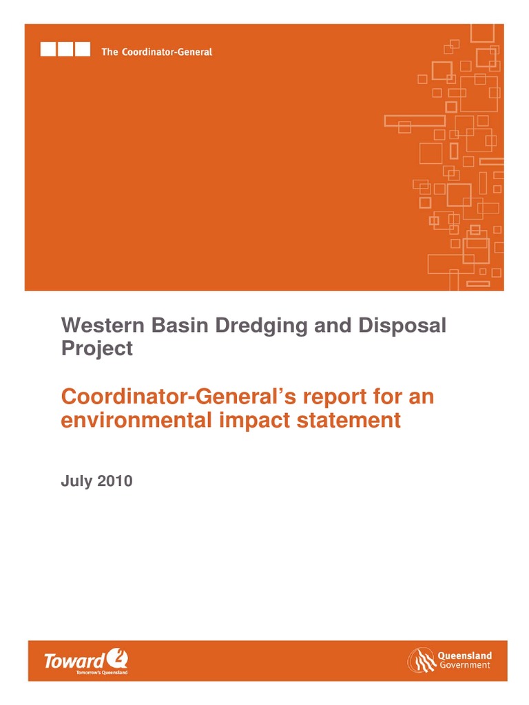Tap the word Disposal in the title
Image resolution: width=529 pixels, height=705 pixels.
coord(405,326)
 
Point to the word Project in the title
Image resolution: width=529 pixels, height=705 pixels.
coord(96,348)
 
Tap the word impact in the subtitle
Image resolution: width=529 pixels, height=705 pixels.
coord(258,420)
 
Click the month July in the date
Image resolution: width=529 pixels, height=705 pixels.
coord(75,481)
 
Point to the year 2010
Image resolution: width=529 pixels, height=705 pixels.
coord(114,481)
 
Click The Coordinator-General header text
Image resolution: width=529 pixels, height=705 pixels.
coord(156,52)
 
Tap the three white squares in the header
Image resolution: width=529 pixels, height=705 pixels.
coord(65,50)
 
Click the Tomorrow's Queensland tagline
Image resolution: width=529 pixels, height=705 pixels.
coord(102,673)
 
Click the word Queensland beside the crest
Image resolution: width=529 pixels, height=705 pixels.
coord(465,655)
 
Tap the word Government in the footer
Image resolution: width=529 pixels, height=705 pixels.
coord(465,665)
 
